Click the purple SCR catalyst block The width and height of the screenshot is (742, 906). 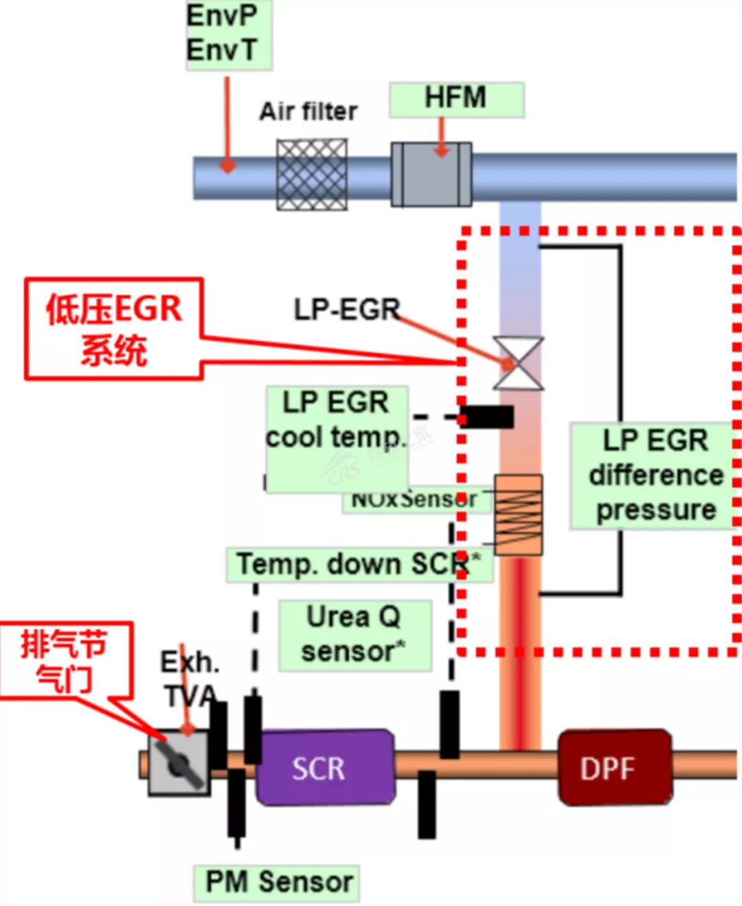[x=325, y=767]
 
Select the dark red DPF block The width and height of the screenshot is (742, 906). [x=614, y=767]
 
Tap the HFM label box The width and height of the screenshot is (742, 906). [x=456, y=99]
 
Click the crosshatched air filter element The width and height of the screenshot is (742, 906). [x=312, y=174]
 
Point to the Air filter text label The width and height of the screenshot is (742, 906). [x=308, y=111]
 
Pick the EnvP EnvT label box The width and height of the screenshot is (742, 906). [x=228, y=34]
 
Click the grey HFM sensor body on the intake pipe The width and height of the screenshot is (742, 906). [x=431, y=174]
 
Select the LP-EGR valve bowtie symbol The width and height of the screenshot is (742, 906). [x=519, y=363]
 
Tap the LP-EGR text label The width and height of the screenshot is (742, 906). [x=347, y=310]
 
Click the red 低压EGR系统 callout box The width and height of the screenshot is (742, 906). [x=114, y=329]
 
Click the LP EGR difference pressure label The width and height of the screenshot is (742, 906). [x=655, y=475]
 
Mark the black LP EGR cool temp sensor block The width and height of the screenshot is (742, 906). [x=487, y=417]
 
